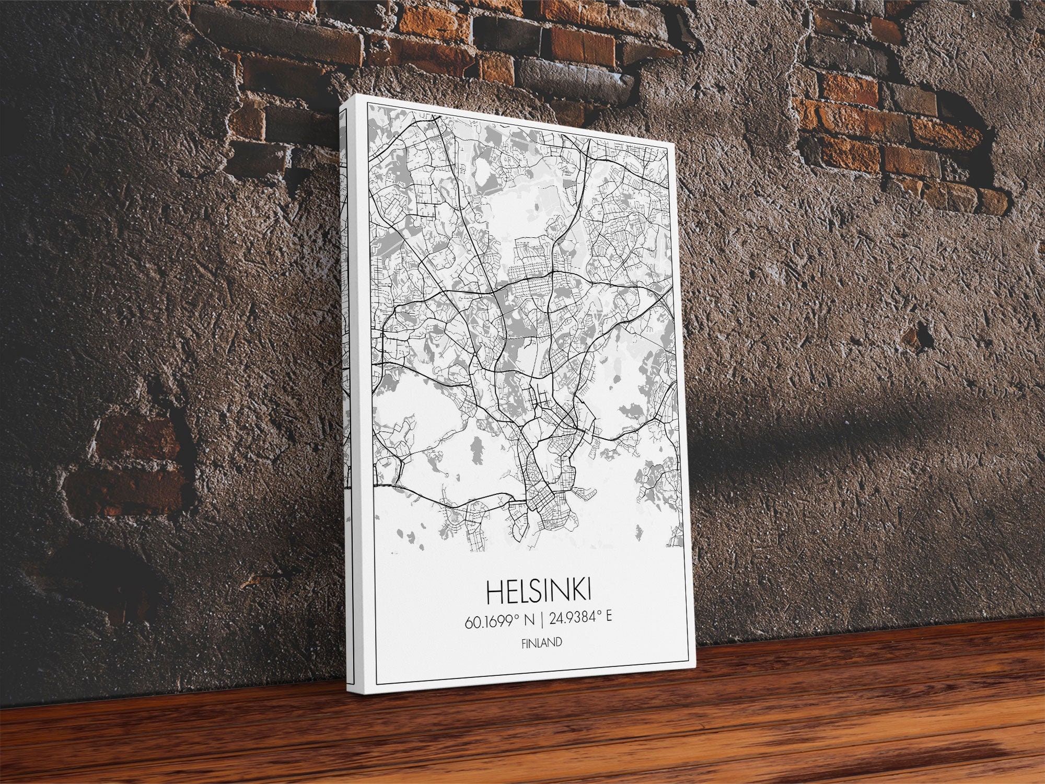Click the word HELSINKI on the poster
pyautogui.click(x=539, y=592)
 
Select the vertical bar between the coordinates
pyautogui.click(x=542, y=620)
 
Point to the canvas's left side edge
pyautogui.click(x=347, y=392)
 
